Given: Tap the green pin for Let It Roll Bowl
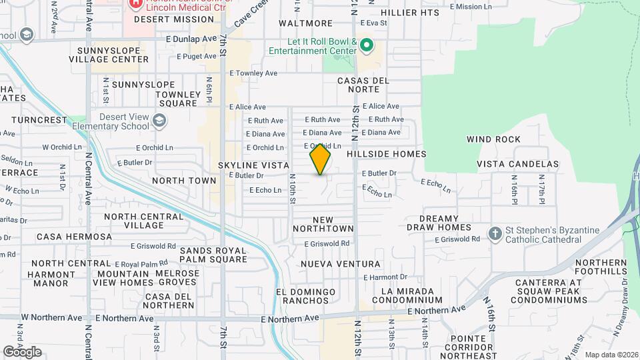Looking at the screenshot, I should point(365,45).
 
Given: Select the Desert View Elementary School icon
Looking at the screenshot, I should point(159,121).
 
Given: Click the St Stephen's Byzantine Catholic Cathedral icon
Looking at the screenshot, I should point(495,234).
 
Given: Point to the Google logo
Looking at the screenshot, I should point(22,352).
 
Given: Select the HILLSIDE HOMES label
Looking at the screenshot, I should point(386,154).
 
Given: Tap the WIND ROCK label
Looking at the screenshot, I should point(493,139).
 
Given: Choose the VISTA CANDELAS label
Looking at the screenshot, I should point(517,164).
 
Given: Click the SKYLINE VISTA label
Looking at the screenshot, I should point(254,165).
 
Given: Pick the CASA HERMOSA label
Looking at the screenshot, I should point(75,237).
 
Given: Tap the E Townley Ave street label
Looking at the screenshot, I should point(253,73).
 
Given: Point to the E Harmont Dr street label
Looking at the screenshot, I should point(385,277).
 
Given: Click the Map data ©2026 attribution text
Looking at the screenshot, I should point(611,355).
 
